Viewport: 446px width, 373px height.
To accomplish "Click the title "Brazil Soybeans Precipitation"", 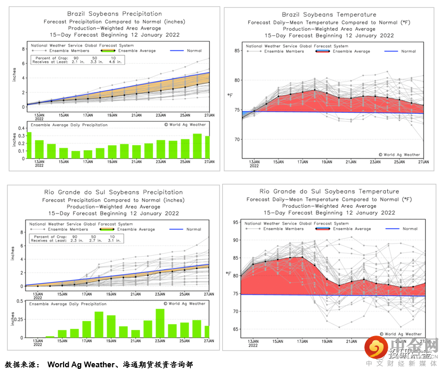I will (114, 14).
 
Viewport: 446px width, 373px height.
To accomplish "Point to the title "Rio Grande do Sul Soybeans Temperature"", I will (325, 192).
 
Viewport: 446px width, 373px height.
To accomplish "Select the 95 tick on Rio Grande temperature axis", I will (235, 222).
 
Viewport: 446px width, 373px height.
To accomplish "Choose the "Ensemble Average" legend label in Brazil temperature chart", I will (351, 51).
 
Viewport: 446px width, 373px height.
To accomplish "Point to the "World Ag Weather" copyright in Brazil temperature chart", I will (399, 154).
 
